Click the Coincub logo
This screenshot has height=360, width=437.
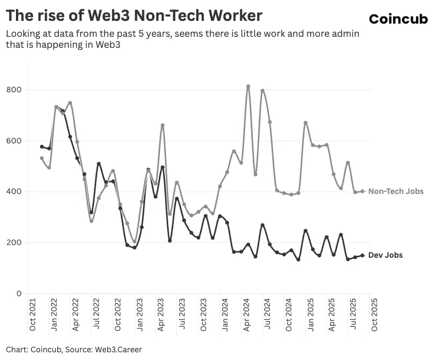tap(398, 19)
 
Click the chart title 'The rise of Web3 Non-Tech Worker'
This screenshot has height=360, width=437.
tap(134, 15)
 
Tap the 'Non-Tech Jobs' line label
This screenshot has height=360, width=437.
tap(396, 191)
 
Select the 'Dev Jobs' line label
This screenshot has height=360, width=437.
tap(385, 255)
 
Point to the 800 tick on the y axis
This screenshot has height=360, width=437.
tap(15, 90)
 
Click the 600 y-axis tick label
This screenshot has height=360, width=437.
tap(15, 141)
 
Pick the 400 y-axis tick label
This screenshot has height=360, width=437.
tap(15, 192)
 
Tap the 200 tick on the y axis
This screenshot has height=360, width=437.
tap(15, 242)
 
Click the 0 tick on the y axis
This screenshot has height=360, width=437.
tap(19, 293)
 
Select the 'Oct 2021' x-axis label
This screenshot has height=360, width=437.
tap(32, 317)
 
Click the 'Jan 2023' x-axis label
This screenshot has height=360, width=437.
tap(140, 317)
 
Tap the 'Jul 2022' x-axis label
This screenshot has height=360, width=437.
tap(97, 317)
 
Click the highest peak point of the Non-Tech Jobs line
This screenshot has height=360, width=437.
tap(248, 86)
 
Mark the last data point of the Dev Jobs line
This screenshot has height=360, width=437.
tap(362, 255)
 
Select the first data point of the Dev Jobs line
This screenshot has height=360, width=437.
tap(42, 147)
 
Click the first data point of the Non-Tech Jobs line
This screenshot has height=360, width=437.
tap(42, 158)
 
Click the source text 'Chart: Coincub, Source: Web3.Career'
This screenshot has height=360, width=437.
tap(74, 349)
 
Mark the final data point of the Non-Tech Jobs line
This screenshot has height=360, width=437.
tap(362, 191)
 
